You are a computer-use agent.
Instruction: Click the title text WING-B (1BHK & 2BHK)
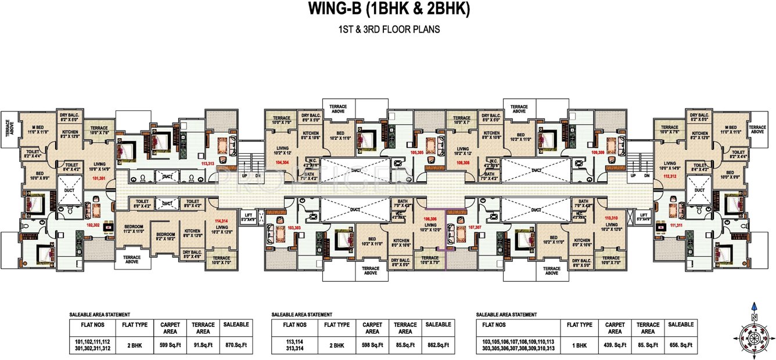click(388, 9)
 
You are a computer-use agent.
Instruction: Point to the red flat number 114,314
click(221, 221)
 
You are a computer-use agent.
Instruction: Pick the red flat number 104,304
click(282, 163)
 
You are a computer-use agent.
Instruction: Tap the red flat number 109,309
click(598, 152)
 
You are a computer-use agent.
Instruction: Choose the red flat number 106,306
click(430, 219)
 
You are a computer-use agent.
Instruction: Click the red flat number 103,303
click(294, 228)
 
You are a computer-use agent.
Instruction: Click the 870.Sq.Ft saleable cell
click(236, 344)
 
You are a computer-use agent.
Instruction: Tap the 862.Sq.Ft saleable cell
click(438, 344)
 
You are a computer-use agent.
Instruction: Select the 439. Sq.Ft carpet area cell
click(615, 344)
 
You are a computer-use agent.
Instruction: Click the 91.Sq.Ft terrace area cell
click(203, 344)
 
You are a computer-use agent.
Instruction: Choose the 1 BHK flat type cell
click(579, 344)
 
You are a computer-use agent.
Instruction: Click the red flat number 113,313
click(207, 164)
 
